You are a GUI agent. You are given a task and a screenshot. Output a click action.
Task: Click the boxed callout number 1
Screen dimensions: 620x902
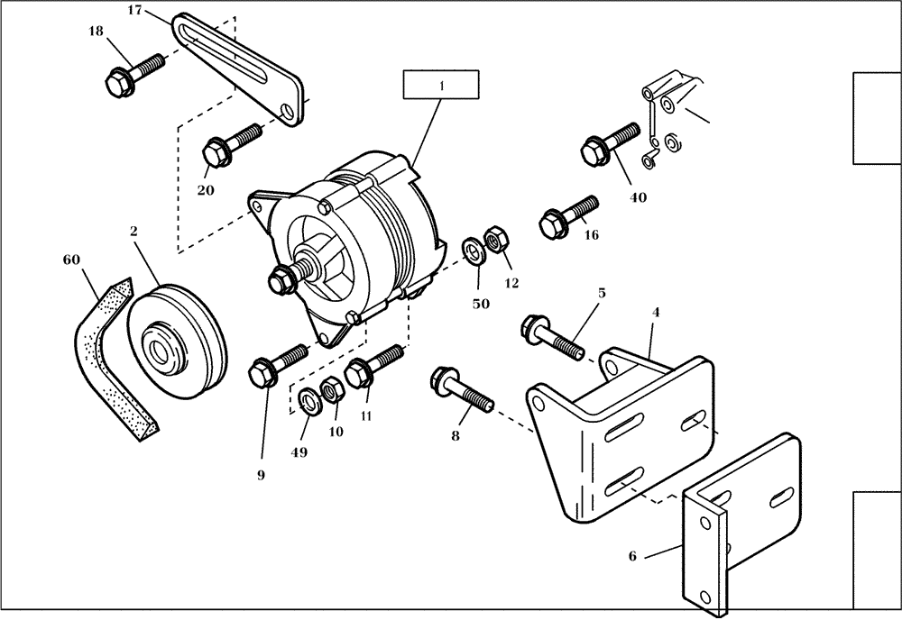[441, 86]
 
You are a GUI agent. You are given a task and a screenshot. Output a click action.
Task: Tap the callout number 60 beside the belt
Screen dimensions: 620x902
[71, 260]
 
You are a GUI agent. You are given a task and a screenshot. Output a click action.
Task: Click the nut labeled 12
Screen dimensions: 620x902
[495, 241]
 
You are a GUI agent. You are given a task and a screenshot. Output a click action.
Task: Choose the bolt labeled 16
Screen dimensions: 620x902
[567, 214]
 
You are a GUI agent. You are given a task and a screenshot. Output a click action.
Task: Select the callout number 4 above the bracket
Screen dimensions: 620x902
[656, 313]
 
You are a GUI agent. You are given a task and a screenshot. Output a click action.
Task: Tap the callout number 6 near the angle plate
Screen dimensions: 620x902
[632, 556]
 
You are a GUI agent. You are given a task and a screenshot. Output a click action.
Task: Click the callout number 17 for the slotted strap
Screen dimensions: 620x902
[134, 11]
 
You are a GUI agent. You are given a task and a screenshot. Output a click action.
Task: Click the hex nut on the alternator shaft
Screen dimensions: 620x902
[281, 281]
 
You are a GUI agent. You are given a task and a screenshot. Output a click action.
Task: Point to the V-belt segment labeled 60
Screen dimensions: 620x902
[110, 356]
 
